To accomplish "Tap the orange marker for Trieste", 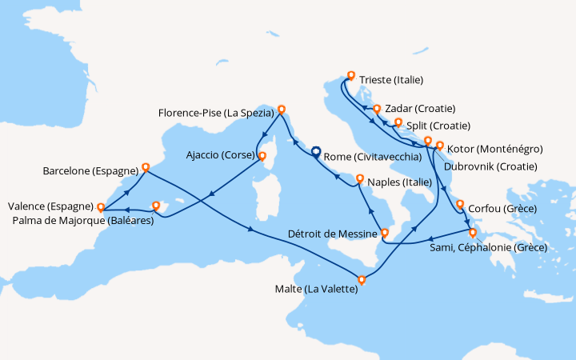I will [350, 78].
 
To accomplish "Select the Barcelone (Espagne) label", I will [91, 171].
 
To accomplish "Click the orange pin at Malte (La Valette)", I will [362, 280].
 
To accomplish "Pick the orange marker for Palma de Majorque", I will [157, 206].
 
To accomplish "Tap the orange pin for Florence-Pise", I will [280, 110].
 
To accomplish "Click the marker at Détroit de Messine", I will [385, 234].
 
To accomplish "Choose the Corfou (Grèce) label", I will [502, 208].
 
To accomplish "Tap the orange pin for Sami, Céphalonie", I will [472, 233].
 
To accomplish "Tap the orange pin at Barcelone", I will [146, 168].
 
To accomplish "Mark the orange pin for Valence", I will [101, 208].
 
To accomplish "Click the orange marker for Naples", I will [359, 179].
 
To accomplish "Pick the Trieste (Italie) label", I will [391, 80].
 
